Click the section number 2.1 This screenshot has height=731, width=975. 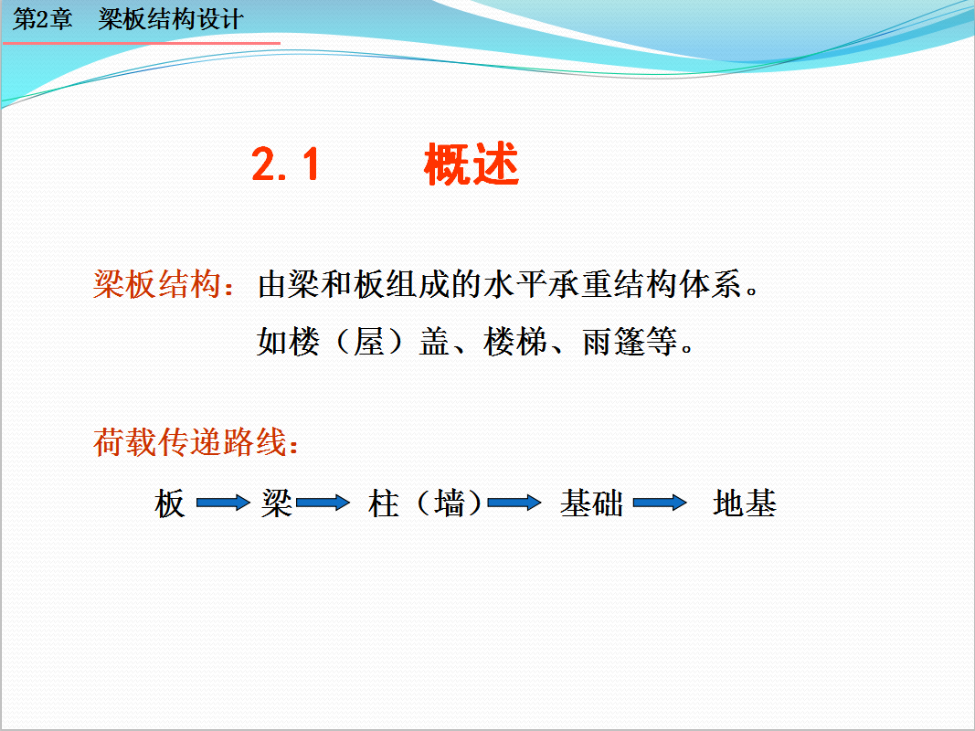285,164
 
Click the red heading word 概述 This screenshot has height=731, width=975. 472,164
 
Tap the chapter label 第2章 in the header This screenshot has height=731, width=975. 42,19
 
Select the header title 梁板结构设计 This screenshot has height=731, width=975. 170,19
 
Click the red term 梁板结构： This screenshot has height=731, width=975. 164,285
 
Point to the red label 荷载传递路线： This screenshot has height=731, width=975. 196,442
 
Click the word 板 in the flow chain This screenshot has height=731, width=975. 170,503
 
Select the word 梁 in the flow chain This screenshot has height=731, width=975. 277,503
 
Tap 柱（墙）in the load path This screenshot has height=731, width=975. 424,503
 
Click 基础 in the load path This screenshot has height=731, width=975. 591,503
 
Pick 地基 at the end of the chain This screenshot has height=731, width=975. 745,503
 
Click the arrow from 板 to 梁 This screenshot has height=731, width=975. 223,503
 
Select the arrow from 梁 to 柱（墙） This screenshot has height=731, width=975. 323,503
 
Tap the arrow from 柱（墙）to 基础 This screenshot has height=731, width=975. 514,503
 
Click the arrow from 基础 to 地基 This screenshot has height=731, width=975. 660,503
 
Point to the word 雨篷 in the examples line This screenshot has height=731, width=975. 614,341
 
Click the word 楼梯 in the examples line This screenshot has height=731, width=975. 515,341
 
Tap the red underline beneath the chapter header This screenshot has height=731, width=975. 142,44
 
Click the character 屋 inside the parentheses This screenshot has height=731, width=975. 369,341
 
